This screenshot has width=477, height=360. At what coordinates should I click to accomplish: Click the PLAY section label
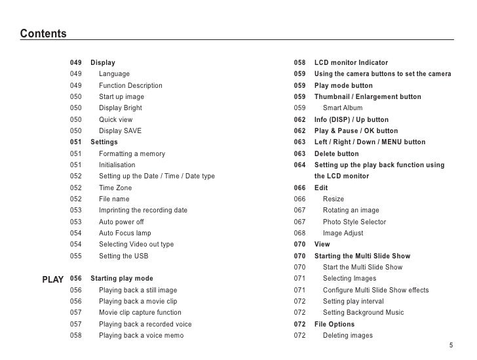[52, 279]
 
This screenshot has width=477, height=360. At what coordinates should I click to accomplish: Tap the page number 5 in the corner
[451, 346]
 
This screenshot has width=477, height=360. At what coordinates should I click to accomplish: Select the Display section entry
[102, 63]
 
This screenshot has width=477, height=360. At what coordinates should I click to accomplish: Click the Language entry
[114, 74]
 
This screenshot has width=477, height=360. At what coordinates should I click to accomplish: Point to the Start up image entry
[121, 97]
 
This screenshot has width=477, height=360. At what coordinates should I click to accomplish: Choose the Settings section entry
[104, 142]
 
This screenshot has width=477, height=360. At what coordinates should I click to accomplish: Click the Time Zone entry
[115, 188]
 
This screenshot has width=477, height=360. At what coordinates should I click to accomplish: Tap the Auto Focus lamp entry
[124, 233]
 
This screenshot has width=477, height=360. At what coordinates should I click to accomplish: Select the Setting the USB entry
[123, 256]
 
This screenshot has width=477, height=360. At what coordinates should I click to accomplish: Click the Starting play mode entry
[121, 279]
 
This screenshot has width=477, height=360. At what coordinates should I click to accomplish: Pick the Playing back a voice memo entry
[141, 336]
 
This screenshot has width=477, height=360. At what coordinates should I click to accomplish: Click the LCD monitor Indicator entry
[351, 63]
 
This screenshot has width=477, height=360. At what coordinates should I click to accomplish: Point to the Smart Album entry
[342, 108]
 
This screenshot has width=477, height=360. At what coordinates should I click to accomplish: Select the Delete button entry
[336, 154]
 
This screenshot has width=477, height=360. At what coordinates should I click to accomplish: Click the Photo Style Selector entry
[354, 222]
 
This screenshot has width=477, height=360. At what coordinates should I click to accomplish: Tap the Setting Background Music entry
[363, 313]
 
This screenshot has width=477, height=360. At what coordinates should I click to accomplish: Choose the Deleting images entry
[347, 336]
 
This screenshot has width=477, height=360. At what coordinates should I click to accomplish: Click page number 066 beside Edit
[300, 188]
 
